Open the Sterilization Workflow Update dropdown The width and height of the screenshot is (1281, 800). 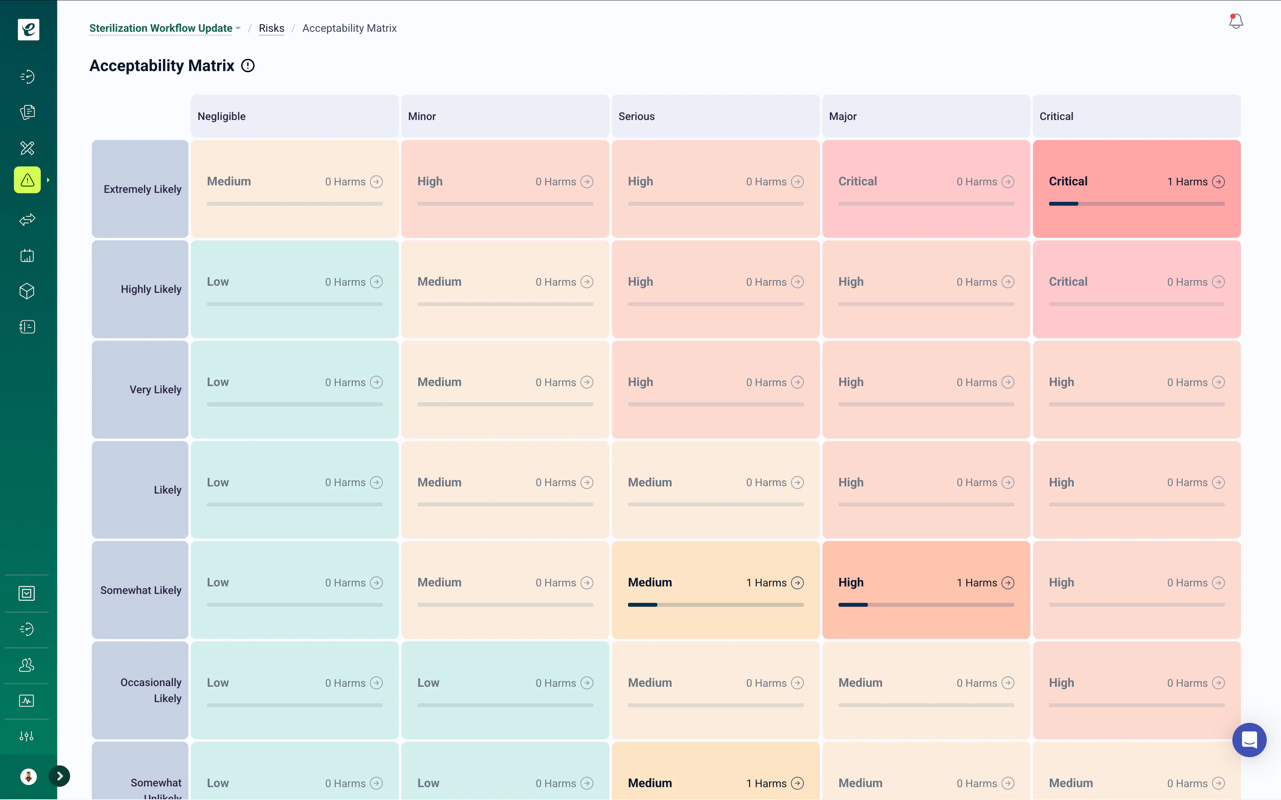point(165,28)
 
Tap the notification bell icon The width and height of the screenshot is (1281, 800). point(1236,21)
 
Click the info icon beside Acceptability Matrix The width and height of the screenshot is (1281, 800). point(248,66)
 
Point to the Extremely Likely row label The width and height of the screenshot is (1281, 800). point(142,189)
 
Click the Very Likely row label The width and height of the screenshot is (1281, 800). point(155,389)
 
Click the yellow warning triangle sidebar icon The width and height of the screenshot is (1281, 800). point(28,180)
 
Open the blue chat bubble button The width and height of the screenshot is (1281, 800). point(1249,740)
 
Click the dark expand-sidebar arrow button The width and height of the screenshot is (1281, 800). point(59,776)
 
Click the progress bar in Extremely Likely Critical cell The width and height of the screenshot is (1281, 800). point(1137,204)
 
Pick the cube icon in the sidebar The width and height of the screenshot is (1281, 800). point(27,291)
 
